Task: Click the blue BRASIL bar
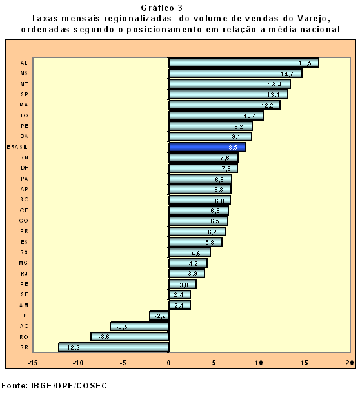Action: (208, 147)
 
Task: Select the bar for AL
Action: (244, 63)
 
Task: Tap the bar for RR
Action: (114, 347)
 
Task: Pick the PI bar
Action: (159, 316)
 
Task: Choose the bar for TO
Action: (216, 116)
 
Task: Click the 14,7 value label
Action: (286, 74)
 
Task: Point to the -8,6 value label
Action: (104, 337)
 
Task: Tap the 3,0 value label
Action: (184, 285)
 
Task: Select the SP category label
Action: (25, 94)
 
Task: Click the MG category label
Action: (23, 263)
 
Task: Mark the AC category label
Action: (24, 326)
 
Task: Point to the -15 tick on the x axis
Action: (32, 363)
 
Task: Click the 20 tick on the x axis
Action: (350, 363)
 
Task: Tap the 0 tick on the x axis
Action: (169, 363)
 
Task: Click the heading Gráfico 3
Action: (162, 8)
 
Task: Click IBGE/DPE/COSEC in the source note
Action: (69, 385)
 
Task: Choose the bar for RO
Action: (130, 337)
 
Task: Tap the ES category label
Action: (25, 242)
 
